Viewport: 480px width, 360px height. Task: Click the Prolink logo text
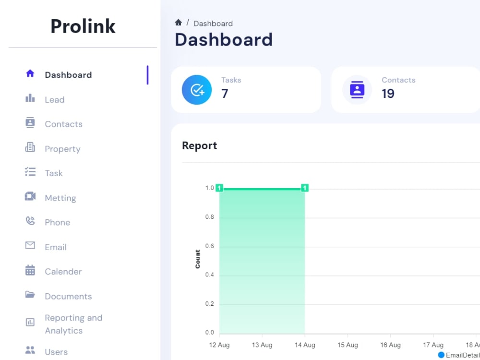click(x=83, y=26)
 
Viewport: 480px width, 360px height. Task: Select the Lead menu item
click(x=55, y=99)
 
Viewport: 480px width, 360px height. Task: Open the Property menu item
click(x=62, y=149)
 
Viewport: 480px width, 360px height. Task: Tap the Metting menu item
click(x=60, y=198)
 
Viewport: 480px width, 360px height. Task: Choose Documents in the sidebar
click(x=68, y=296)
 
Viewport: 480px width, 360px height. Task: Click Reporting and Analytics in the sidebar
click(x=73, y=324)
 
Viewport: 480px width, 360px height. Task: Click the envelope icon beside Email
click(x=30, y=245)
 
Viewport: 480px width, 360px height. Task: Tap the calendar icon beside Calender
click(x=30, y=270)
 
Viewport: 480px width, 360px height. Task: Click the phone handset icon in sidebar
click(x=30, y=221)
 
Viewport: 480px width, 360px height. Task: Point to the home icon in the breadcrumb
click(x=179, y=23)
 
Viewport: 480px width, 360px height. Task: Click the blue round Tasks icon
click(x=196, y=90)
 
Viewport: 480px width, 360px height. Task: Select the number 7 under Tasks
click(x=225, y=94)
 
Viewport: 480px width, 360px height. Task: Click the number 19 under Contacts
click(x=388, y=94)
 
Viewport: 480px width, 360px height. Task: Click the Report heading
click(x=200, y=145)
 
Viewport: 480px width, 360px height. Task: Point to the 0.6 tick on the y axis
click(x=210, y=246)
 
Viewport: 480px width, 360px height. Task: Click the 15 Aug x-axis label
click(x=348, y=345)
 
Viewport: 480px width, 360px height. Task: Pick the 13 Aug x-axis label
click(x=262, y=345)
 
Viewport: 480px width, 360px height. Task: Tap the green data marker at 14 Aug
click(x=305, y=188)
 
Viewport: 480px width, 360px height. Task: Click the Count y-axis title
click(x=197, y=259)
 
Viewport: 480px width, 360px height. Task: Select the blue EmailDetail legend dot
click(x=441, y=355)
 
